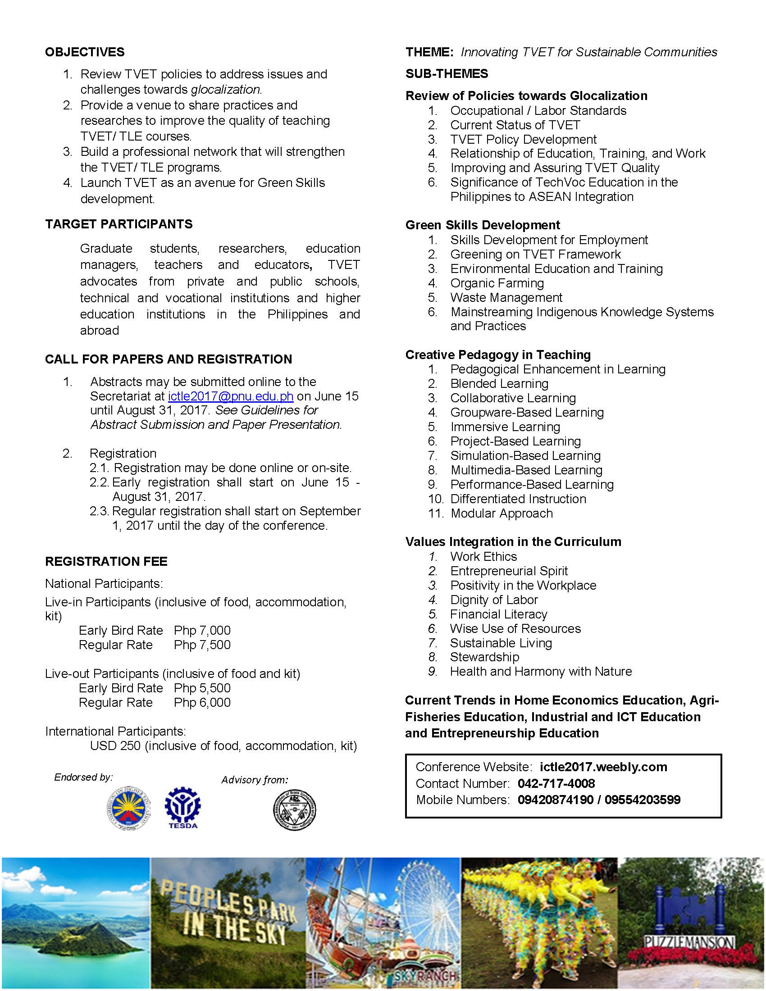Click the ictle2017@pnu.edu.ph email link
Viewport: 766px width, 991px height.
click(231, 396)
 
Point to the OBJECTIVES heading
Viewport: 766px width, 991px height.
click(85, 52)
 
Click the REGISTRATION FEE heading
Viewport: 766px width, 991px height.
click(106, 561)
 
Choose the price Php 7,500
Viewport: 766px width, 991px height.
click(202, 645)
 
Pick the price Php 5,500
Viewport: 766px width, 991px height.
click(202, 688)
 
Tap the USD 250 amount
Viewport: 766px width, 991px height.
click(115, 746)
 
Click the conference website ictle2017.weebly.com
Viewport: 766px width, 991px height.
click(603, 767)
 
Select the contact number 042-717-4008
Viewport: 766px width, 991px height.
click(556, 783)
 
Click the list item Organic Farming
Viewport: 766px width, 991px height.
click(497, 283)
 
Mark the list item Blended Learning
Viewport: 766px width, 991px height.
click(499, 384)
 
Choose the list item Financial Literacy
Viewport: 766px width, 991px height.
click(499, 614)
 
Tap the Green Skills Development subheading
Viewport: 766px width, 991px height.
click(483, 225)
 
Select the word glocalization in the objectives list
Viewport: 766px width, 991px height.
click(226, 89)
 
